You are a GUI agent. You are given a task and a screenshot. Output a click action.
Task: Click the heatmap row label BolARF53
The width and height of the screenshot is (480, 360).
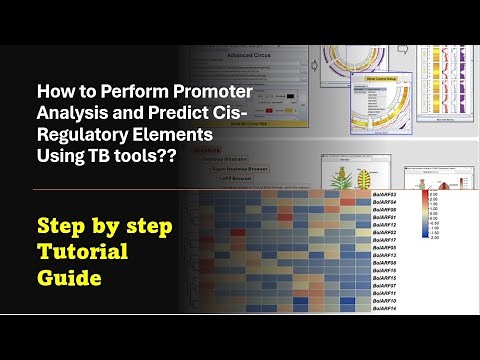pyautogui.click(x=384, y=193)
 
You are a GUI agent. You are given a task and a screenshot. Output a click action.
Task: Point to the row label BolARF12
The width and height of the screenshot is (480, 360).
pyautogui.click(x=384, y=225)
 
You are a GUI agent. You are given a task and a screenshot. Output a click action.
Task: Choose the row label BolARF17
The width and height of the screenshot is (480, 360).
pyautogui.click(x=384, y=240)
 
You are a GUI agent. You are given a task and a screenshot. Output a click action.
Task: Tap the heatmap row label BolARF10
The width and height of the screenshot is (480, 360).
pyautogui.click(x=384, y=301)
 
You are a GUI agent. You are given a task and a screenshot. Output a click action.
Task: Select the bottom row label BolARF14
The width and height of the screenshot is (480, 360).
pyautogui.click(x=384, y=309)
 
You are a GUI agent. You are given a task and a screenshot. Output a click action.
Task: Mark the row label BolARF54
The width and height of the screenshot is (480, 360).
pyautogui.click(x=384, y=201)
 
